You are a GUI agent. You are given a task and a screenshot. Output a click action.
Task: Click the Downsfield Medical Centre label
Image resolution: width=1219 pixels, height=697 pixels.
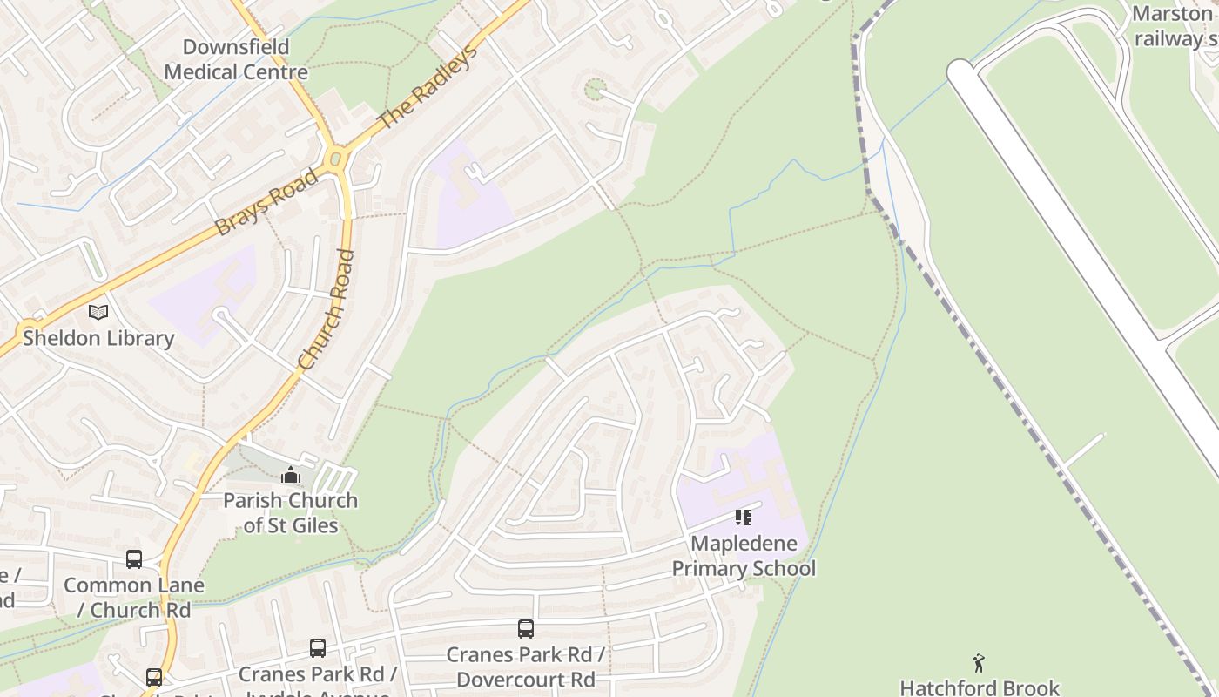pyautogui.click(x=235, y=59)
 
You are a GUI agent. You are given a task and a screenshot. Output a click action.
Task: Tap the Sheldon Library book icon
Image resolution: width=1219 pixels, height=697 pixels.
pyautogui.click(x=98, y=312)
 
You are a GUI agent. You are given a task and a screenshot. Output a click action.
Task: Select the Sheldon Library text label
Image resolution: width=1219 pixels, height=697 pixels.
pyautogui.click(x=98, y=338)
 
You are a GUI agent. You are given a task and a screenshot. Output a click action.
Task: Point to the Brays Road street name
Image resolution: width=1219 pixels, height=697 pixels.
pyautogui.click(x=266, y=202)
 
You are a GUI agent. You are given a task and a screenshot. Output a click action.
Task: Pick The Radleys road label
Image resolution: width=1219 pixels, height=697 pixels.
pyautogui.click(x=429, y=86)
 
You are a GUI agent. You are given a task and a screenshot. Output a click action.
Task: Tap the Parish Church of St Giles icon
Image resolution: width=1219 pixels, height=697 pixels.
pyautogui.click(x=290, y=475)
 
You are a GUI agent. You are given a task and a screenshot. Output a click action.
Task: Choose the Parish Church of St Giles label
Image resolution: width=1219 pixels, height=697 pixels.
pyautogui.click(x=290, y=512)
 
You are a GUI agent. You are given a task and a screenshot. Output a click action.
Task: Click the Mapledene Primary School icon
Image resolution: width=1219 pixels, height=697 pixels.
pyautogui.click(x=743, y=518)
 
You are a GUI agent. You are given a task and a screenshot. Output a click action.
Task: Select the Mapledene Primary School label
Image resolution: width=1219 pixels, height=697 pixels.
pyautogui.click(x=744, y=556)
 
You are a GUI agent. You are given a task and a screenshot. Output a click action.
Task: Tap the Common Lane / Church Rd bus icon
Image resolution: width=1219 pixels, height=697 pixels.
pyautogui.click(x=133, y=559)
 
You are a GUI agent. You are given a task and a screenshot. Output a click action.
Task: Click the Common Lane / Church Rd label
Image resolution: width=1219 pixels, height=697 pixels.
pyautogui.click(x=133, y=598)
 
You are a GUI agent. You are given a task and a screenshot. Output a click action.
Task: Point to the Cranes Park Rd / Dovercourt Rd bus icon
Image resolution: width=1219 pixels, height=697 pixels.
pyautogui.click(x=525, y=629)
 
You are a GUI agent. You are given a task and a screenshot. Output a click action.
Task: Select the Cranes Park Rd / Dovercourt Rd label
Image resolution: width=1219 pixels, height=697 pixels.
pyautogui.click(x=525, y=667)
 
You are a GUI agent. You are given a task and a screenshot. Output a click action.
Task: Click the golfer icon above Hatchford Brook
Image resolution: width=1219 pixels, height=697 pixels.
pyautogui.click(x=979, y=663)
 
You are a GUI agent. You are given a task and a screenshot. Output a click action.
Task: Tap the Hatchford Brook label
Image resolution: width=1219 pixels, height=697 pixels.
pyautogui.click(x=980, y=687)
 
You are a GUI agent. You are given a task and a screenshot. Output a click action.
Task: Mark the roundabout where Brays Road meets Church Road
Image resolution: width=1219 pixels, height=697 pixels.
pyautogui.click(x=336, y=159)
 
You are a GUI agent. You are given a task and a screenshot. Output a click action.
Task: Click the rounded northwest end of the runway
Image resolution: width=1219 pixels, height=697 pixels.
pyautogui.click(x=960, y=71)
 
